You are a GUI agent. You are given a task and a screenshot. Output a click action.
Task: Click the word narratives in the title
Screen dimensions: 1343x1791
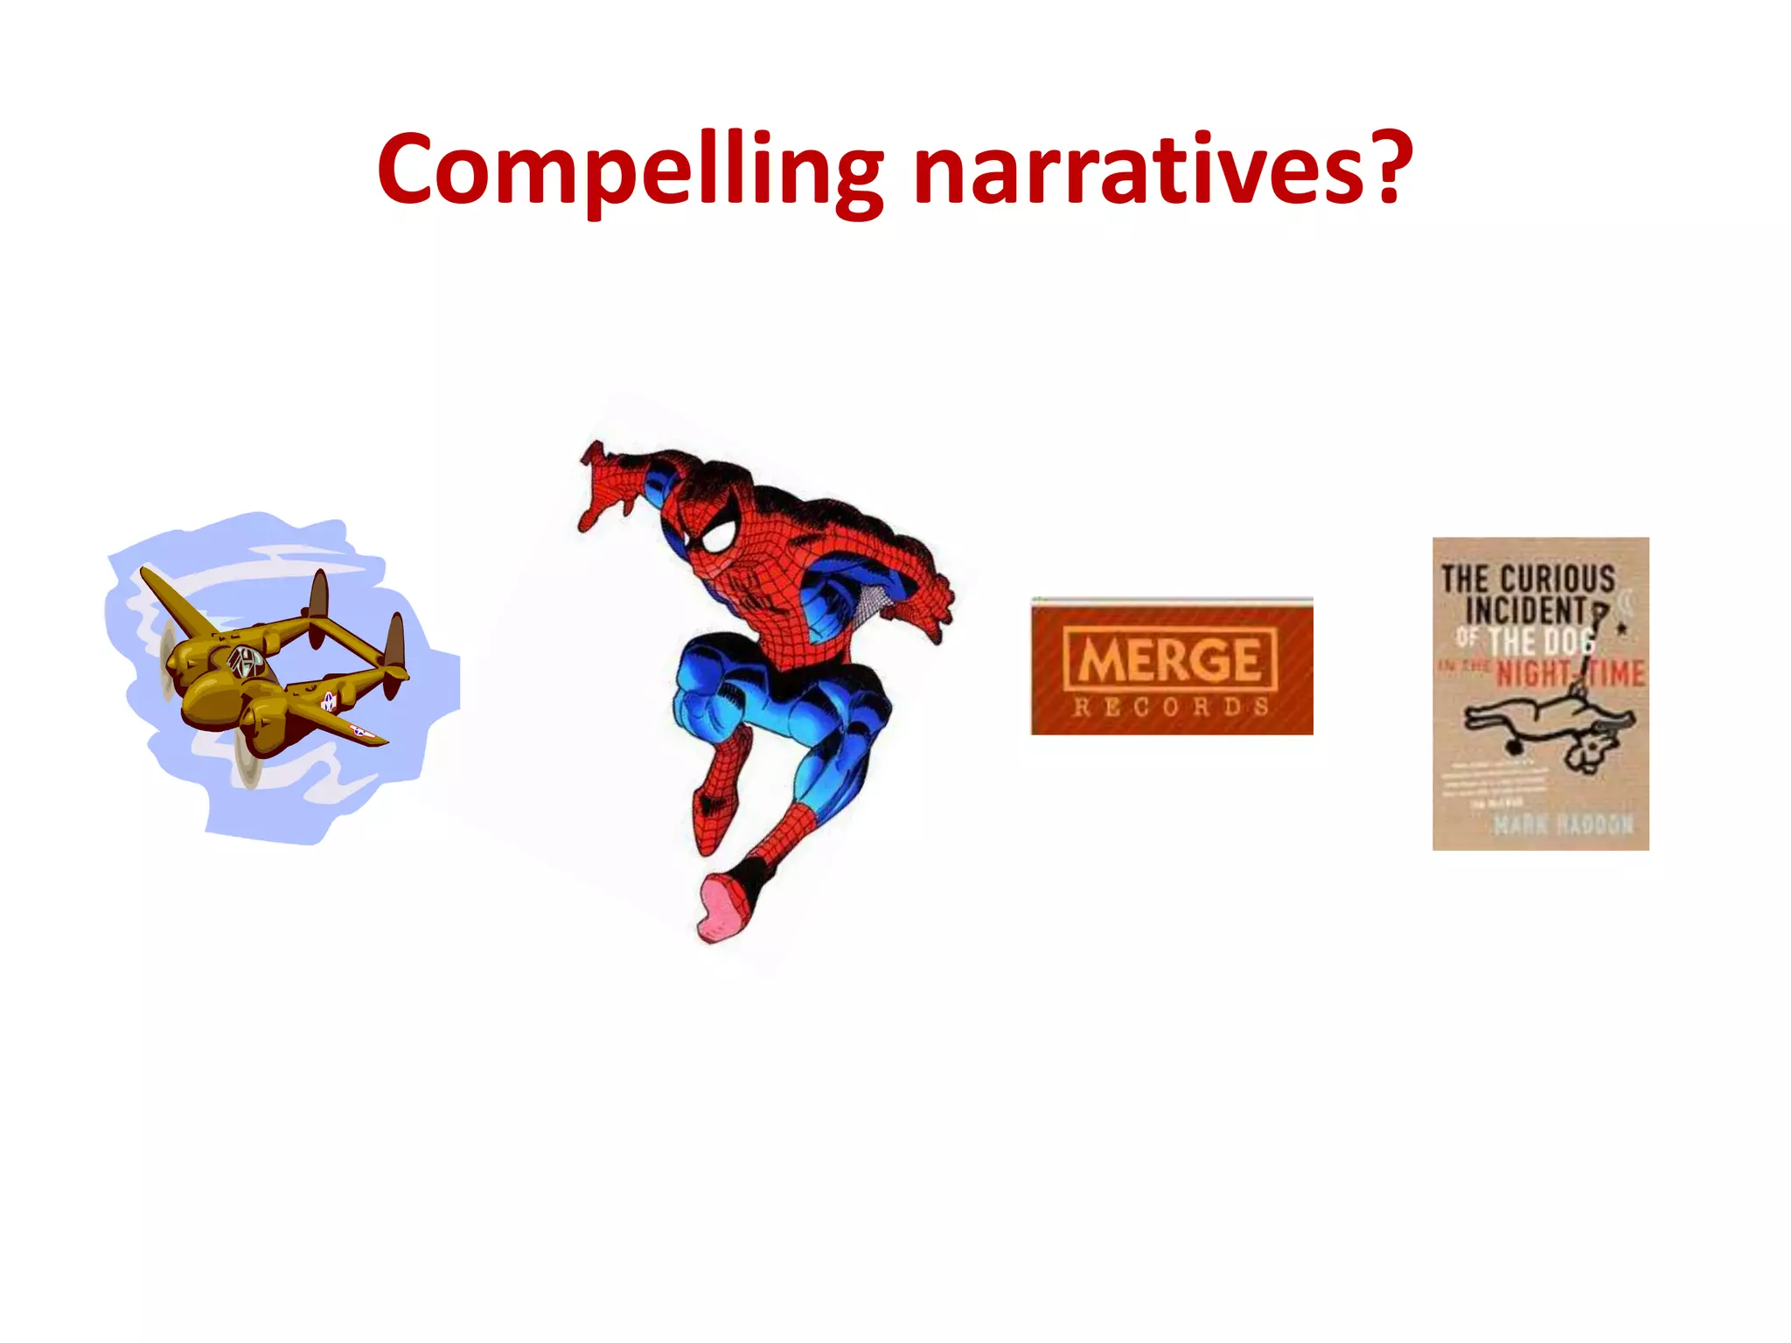pos(1137,170)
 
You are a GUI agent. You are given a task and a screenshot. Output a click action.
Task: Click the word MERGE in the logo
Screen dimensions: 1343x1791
pos(1170,660)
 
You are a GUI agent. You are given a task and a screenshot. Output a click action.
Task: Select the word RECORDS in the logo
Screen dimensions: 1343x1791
pos(1170,707)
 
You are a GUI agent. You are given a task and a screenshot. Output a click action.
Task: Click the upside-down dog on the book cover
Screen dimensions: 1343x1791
pos(1548,726)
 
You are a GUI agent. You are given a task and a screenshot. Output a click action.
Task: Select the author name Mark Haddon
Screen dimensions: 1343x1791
pos(1562,824)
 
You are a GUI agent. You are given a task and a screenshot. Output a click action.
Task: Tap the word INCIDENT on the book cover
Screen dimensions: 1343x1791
pos(1525,610)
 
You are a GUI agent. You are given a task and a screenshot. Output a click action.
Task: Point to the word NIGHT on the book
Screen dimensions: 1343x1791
pos(1532,674)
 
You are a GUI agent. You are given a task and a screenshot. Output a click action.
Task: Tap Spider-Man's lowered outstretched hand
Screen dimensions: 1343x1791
pos(927,603)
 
